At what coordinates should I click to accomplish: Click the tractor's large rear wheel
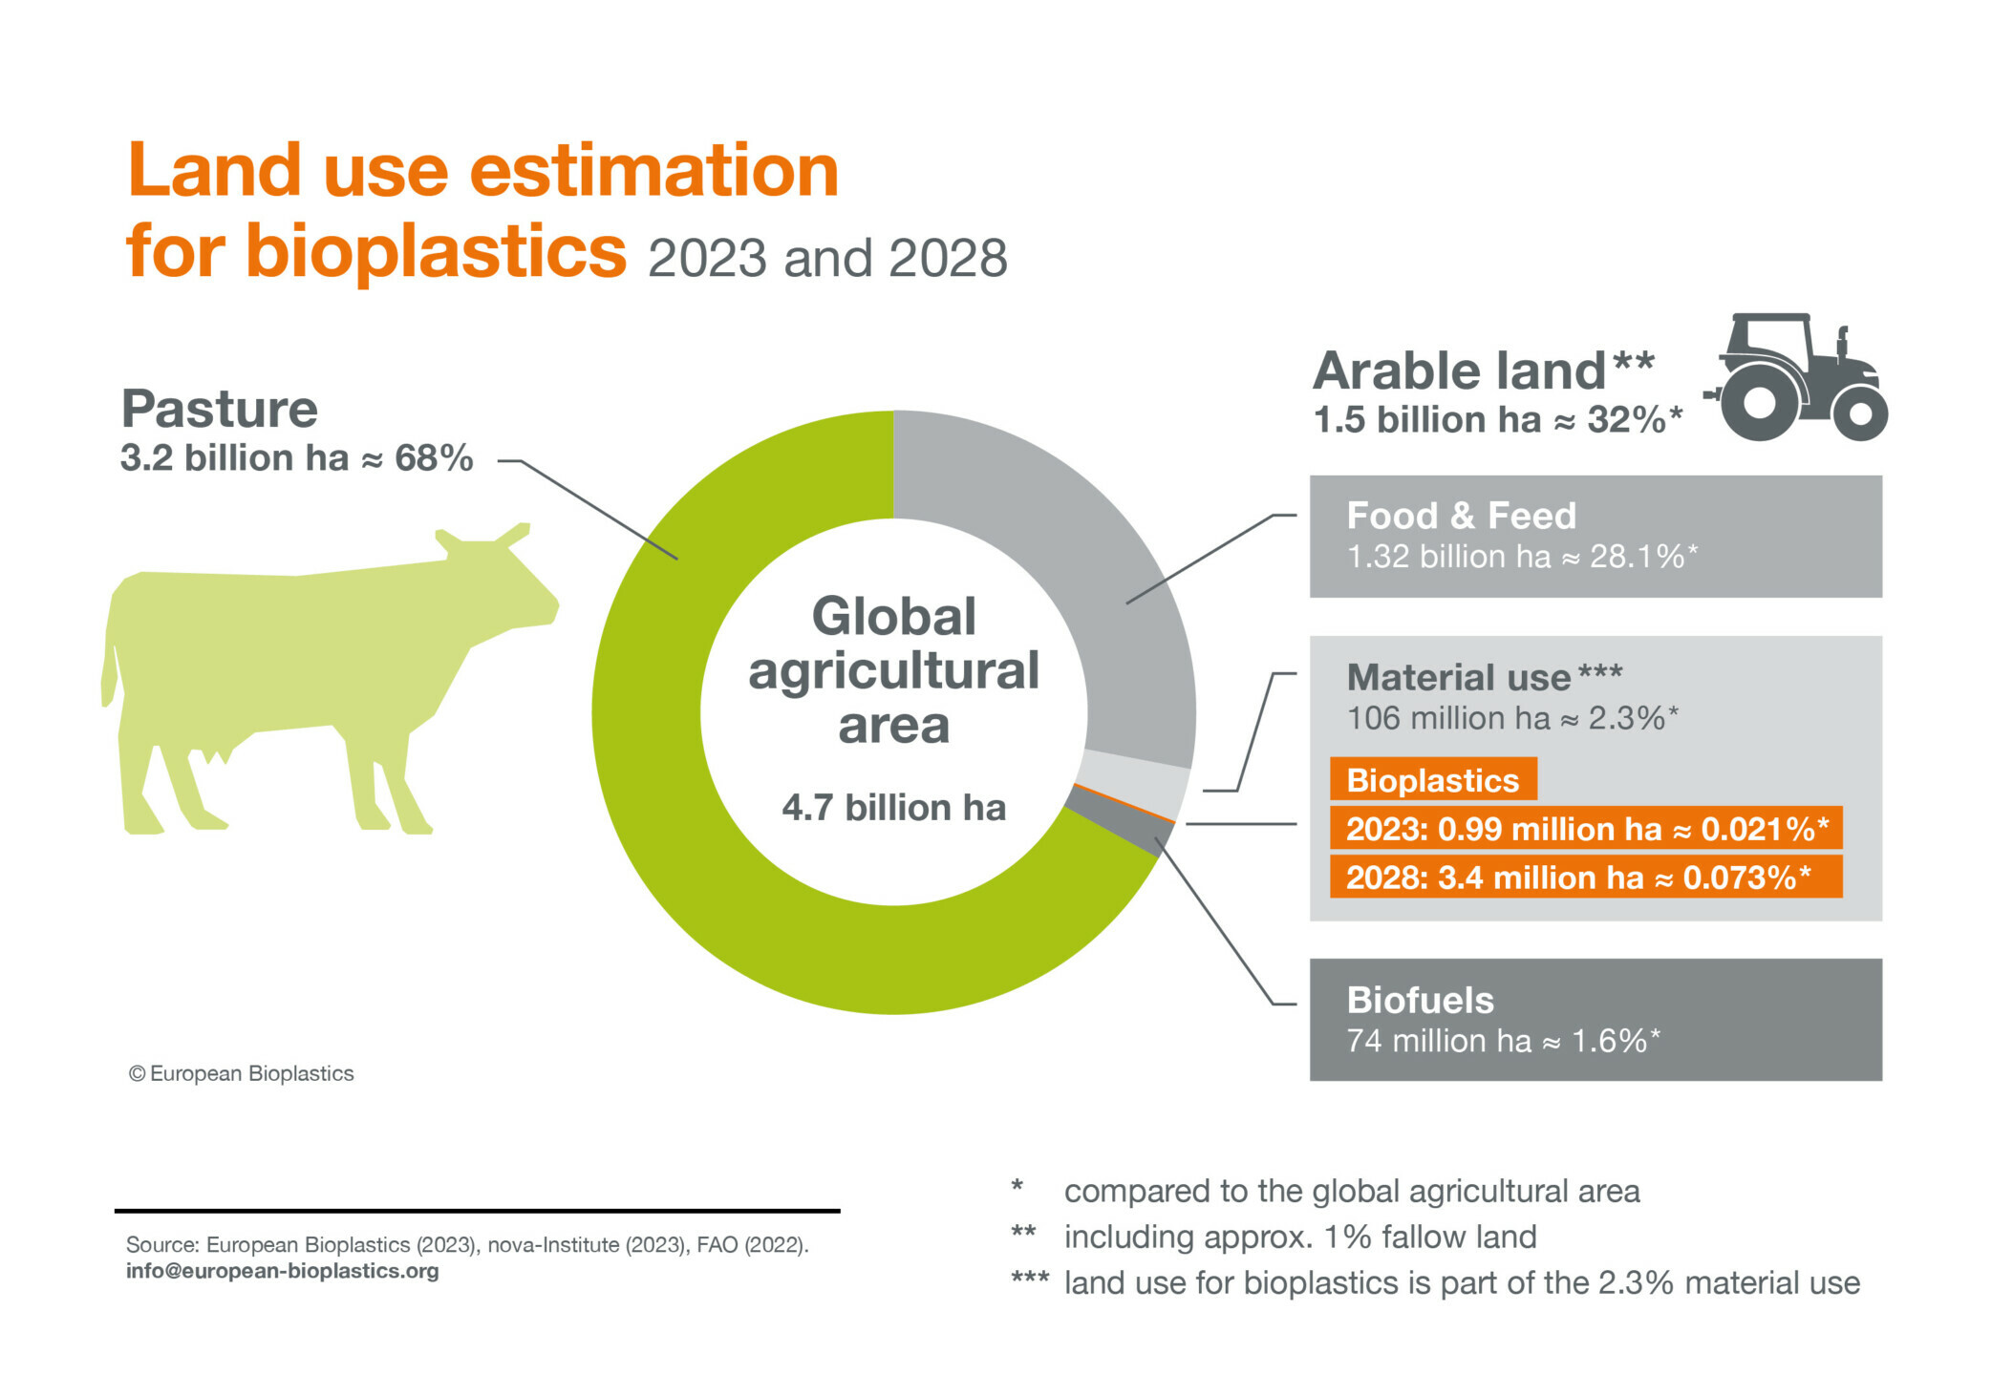[x=1759, y=401]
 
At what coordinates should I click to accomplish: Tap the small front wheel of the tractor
[x=1860, y=413]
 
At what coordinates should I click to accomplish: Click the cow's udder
[x=212, y=754]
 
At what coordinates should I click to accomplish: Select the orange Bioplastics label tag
[x=1433, y=779]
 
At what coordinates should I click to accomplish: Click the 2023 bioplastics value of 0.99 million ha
[x=1586, y=828]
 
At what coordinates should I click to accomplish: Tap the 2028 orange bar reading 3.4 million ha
[x=1586, y=877]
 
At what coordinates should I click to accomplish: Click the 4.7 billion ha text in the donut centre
[x=894, y=808]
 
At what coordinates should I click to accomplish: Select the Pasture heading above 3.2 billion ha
[x=220, y=410]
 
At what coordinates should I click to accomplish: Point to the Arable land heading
[x=1483, y=370]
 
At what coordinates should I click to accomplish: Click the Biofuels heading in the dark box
[x=1420, y=1000]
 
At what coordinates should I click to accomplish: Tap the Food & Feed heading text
[x=1461, y=516]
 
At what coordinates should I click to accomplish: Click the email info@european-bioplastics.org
[x=283, y=1271]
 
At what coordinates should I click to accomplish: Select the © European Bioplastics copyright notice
[x=241, y=1073]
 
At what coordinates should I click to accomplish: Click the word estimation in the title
[x=654, y=171]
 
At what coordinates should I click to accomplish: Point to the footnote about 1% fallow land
[x=1274, y=1237]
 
